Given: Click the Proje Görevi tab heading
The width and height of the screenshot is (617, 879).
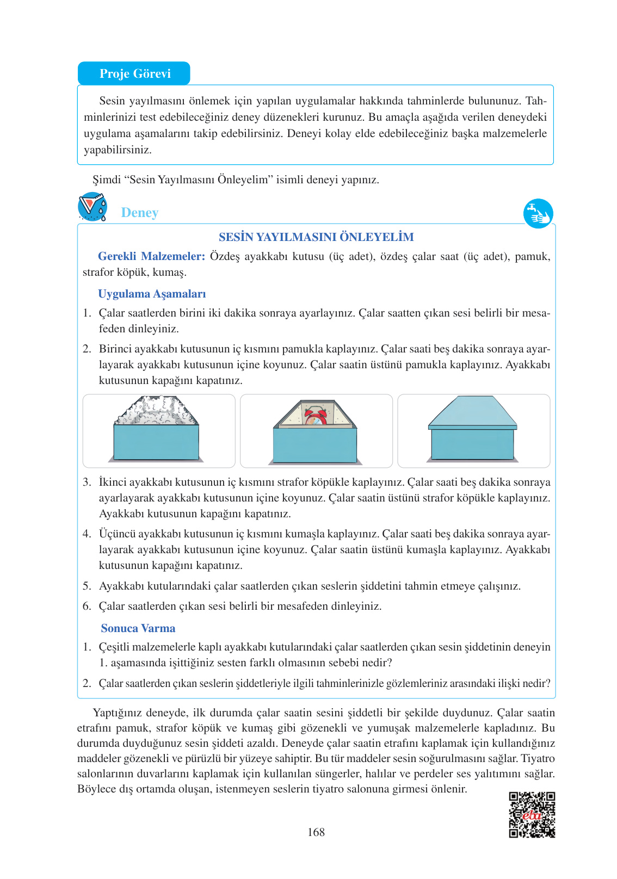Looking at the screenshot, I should pos(135,73).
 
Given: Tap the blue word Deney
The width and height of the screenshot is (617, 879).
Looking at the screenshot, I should pos(140,213).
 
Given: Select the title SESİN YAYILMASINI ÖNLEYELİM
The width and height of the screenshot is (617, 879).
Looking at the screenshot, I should pos(316,237).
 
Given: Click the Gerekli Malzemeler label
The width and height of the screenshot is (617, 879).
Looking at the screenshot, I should pos(151,256).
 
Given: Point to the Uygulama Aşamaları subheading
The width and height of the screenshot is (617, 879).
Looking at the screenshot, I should pos(152,294).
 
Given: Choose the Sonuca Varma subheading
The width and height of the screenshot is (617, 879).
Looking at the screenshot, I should pos(138,628).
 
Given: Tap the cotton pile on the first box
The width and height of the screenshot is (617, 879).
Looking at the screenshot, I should pos(156,412).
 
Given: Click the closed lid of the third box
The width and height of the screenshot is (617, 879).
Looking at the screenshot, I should pos(472,413).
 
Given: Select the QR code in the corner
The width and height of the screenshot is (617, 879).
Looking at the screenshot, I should pos(532,814).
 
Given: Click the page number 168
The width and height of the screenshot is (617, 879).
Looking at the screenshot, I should pos(316,832).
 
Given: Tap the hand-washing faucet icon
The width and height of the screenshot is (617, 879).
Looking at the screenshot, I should pos(538,213).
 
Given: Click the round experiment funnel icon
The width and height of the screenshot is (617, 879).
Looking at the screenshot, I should pos(92,207).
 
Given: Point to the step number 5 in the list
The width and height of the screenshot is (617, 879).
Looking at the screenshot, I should pos(87,586).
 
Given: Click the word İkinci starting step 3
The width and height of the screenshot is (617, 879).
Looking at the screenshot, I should pos(113,482).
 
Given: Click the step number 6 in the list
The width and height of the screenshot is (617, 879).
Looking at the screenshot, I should pos(87,606).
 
